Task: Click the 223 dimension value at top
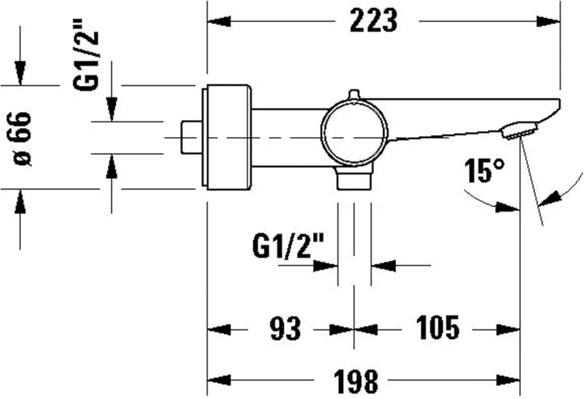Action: pyautogui.click(x=373, y=20)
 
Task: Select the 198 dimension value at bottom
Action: pyautogui.click(x=355, y=379)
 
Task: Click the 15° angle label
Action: pyautogui.click(x=484, y=172)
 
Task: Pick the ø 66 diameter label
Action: pyautogui.click(x=23, y=137)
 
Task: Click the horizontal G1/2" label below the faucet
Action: pyautogui.click(x=288, y=243)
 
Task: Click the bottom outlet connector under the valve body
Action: pyautogui.click(x=354, y=179)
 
